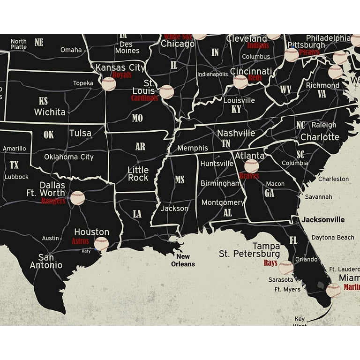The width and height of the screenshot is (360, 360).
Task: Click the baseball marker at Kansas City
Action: (108, 84)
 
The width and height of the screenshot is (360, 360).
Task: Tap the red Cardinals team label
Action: (144, 98)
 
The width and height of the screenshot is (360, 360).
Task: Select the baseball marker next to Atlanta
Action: (251, 166)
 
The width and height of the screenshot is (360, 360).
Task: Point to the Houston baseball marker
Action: (101, 244)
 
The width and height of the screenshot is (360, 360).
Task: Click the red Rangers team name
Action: (53, 201)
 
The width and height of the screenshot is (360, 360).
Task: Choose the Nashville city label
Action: (236, 133)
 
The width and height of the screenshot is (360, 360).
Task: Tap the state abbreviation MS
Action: (180, 180)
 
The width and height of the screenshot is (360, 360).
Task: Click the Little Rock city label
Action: (138, 174)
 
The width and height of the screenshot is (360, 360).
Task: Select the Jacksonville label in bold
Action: (323, 219)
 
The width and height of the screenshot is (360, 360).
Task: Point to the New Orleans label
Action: (183, 260)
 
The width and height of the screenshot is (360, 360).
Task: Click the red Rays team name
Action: (270, 263)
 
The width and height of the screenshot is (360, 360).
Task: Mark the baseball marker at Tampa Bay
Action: (285, 268)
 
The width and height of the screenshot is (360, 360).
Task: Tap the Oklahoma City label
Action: (69, 157)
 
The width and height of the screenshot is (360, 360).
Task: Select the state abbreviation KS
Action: (43, 101)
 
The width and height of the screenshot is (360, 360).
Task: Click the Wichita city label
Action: (50, 112)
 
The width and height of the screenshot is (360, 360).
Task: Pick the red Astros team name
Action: (80, 241)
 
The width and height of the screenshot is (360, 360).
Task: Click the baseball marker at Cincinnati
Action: (240, 82)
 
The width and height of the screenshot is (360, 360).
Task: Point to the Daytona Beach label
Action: (333, 238)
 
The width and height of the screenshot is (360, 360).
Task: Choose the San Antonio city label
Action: (46, 261)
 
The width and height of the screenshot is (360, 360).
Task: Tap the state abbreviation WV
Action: (286, 89)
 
